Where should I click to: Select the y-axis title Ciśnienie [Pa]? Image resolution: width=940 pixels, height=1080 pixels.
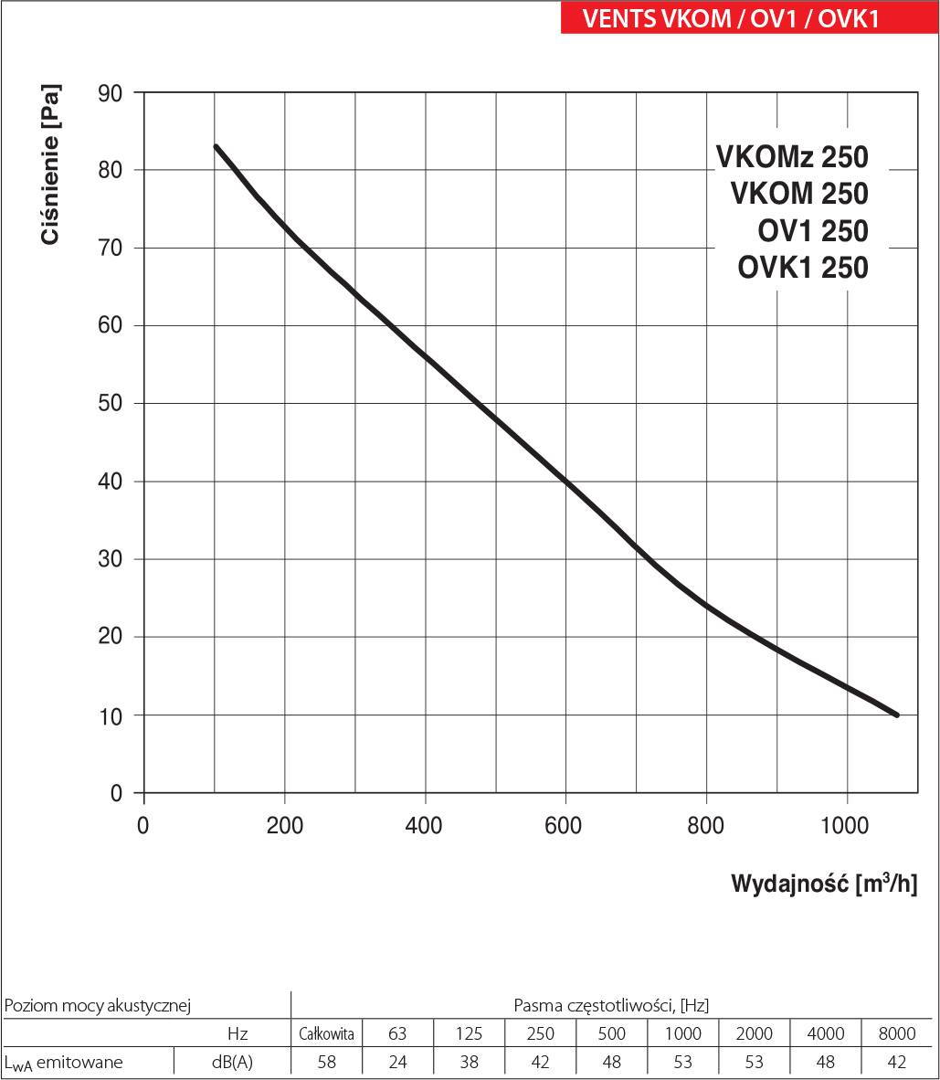(x=51, y=165)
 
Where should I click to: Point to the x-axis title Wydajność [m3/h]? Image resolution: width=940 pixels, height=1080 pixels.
(x=823, y=884)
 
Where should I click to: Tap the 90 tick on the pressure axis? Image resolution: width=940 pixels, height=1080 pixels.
(x=109, y=92)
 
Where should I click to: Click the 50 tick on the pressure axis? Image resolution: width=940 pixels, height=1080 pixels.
(x=109, y=404)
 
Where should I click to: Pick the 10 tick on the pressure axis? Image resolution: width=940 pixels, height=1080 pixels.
(x=109, y=715)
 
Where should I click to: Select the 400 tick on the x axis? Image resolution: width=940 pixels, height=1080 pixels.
(x=425, y=826)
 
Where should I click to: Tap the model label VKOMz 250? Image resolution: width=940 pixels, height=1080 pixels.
(x=792, y=157)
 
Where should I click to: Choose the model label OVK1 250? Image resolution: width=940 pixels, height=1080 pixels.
(x=802, y=268)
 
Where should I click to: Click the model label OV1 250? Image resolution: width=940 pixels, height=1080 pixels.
(x=813, y=231)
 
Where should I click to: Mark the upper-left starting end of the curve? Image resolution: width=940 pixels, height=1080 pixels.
(x=216, y=146)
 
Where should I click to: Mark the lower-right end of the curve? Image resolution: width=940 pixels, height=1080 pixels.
(x=896, y=715)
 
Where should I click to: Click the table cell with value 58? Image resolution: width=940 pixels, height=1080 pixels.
(x=326, y=1062)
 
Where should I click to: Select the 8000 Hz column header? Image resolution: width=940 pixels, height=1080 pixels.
(x=896, y=1033)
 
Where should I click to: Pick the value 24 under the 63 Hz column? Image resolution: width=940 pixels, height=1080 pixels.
(x=397, y=1062)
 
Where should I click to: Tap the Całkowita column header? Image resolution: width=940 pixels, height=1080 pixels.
(x=326, y=1033)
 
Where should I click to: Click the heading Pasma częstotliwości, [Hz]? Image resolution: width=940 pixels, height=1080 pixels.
(x=611, y=1005)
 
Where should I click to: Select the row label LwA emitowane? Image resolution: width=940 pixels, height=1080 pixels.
(x=64, y=1062)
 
